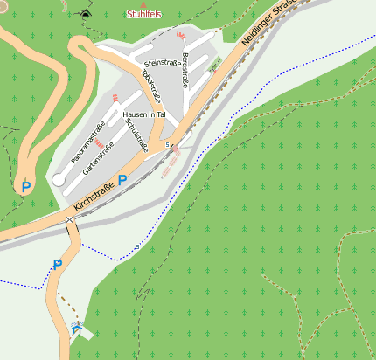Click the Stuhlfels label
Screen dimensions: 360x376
tap(144, 15)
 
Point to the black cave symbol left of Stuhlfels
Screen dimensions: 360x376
tap(85, 14)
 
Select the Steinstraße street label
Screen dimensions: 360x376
tap(161, 64)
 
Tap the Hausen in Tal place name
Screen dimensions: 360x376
tap(145, 114)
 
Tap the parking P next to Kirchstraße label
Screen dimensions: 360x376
tap(122, 180)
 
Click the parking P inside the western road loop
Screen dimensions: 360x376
tap(25, 186)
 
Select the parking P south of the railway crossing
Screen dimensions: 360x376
tap(58, 264)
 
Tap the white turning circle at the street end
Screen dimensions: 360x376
tap(59, 179)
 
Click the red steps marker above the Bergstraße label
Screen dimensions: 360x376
tap(181, 35)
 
